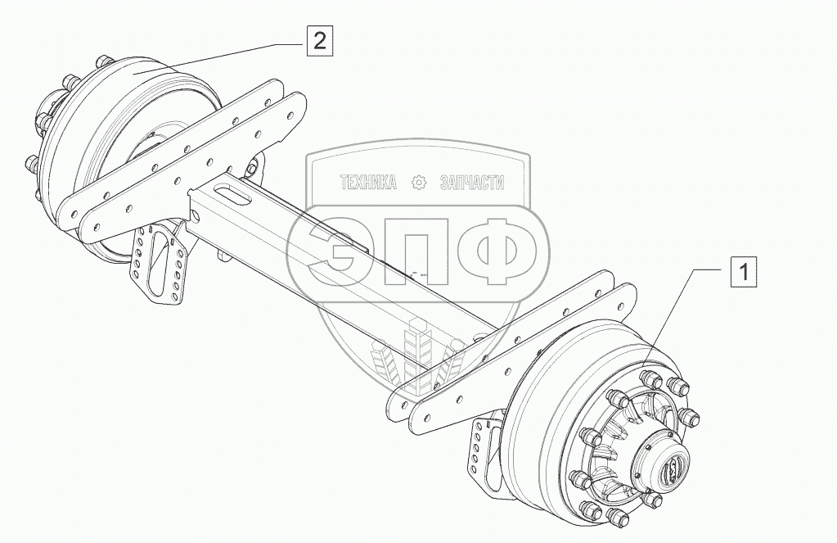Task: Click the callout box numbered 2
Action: coord(320,39)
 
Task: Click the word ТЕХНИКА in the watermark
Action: coord(368,183)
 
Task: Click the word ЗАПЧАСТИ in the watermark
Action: coord(471,183)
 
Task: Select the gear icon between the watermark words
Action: coord(419,183)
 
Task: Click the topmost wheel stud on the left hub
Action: coord(103,61)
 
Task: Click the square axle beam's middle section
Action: coord(344,262)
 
